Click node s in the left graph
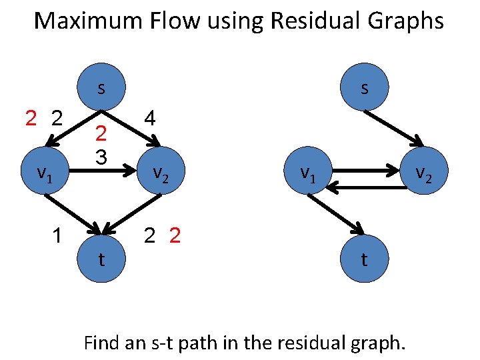coord(101,88)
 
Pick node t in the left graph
coord(101,259)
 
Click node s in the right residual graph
coord(363,88)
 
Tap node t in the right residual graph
coord(363,259)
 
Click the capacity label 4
coord(150,119)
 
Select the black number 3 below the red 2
coord(101,157)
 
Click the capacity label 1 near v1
coord(59,235)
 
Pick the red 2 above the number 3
coord(101,135)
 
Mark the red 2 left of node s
coord(31,119)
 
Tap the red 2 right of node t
coord(175,235)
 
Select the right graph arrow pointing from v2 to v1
coord(370,189)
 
